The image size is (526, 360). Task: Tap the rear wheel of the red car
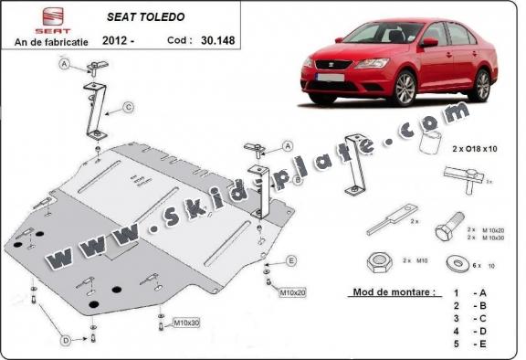(x=481, y=83)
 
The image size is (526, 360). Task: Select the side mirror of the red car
(x=427, y=42)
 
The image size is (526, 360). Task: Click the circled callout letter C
(x=129, y=107)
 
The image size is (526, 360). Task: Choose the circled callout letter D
(x=67, y=341)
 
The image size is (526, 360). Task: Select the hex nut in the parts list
(x=377, y=262)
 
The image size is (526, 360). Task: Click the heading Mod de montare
(x=391, y=294)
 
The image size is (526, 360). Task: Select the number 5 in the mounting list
(x=454, y=344)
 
